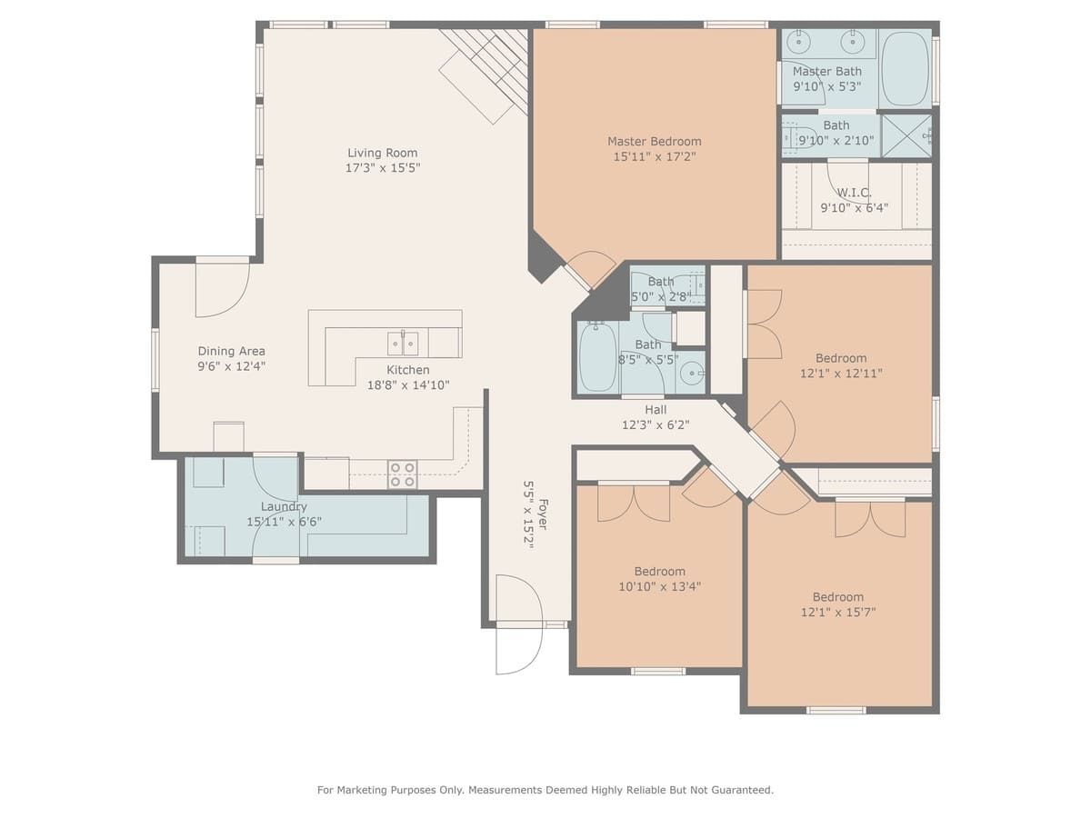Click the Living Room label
[x=383, y=153]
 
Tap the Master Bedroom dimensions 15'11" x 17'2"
[x=655, y=156]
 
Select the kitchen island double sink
[x=403, y=343]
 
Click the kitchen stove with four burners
[x=403, y=474]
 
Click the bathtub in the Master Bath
[x=906, y=68]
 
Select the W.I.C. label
[x=854, y=193]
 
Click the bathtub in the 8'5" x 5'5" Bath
[x=598, y=357]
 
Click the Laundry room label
[x=284, y=506]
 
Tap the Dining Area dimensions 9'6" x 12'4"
[x=232, y=366]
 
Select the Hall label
[x=656, y=410]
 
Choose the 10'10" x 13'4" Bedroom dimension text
[x=659, y=586]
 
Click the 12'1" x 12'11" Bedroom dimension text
[x=841, y=373]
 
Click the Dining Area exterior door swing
[x=221, y=290]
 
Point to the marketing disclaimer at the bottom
[x=545, y=790]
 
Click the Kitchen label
[x=408, y=370]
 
